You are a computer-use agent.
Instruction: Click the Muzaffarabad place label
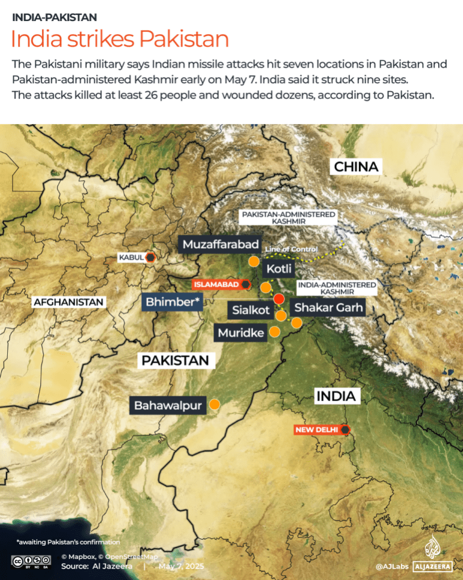coord(221,244)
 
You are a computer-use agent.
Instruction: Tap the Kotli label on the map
coord(280,268)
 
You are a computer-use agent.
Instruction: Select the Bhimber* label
coord(172,302)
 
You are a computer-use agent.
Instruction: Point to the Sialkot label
coord(251,310)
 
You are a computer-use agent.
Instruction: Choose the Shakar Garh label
coord(328,308)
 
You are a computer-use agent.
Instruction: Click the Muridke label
coord(241,332)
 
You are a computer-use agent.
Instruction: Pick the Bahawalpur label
coord(167,405)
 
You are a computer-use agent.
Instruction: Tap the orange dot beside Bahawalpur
coord(214,405)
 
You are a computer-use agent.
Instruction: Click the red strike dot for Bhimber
coord(278,299)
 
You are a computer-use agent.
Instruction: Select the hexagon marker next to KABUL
coord(151,257)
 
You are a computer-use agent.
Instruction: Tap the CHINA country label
coord(356,167)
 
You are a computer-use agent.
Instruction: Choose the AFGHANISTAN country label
coord(69,302)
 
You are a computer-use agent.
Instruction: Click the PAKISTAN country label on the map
coord(175,360)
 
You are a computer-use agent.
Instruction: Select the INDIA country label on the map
coord(337,396)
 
